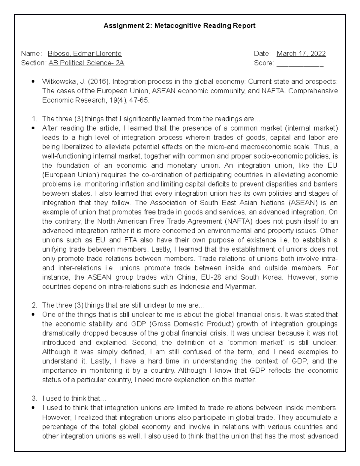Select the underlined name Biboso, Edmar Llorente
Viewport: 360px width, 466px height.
(x=85, y=54)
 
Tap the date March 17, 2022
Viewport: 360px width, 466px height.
(x=301, y=54)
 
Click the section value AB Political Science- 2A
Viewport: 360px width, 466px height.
(x=86, y=63)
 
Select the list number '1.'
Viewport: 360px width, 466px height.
(x=34, y=119)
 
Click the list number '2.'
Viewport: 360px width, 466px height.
(x=34, y=305)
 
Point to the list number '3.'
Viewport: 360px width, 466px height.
(x=34, y=399)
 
